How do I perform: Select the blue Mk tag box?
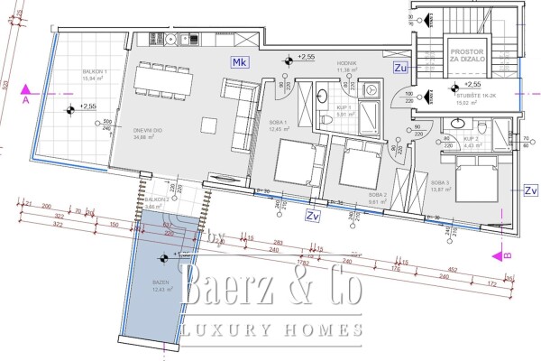[238, 62]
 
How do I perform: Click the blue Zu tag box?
[400, 67]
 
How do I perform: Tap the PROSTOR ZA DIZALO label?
[468, 58]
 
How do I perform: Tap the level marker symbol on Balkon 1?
[69, 110]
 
